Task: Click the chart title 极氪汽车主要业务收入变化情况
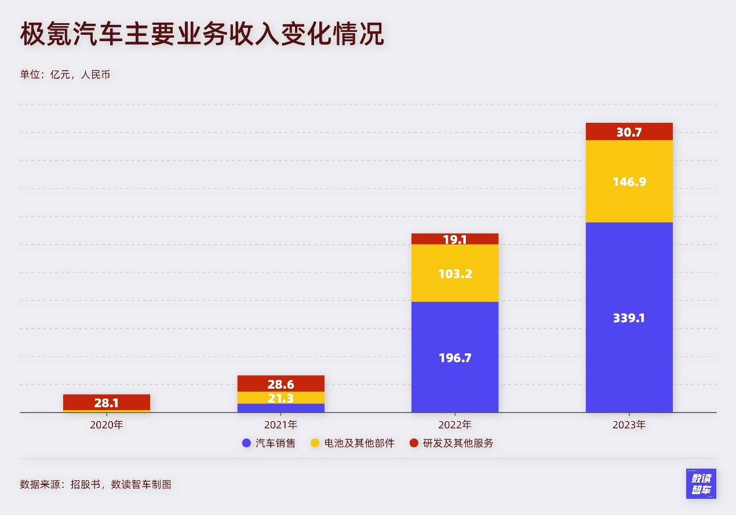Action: (202, 35)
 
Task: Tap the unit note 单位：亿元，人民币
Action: (65, 75)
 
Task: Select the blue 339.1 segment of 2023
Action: (629, 317)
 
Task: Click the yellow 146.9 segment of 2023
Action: (629, 181)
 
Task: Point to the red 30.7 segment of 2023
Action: (629, 132)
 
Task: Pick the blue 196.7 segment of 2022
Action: (455, 357)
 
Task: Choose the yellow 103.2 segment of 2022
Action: (455, 273)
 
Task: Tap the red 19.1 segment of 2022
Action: (455, 239)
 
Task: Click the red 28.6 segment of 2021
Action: (281, 383)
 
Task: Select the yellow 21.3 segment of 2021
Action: (281, 397)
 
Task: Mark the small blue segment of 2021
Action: (281, 408)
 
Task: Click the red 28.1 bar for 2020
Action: (107, 402)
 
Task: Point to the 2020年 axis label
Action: (107, 425)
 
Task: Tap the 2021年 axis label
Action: (281, 425)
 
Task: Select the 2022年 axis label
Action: (455, 425)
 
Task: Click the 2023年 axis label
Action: (629, 425)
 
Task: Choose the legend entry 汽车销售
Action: (269, 443)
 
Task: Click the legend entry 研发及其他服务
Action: (451, 443)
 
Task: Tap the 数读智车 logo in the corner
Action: (701, 484)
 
